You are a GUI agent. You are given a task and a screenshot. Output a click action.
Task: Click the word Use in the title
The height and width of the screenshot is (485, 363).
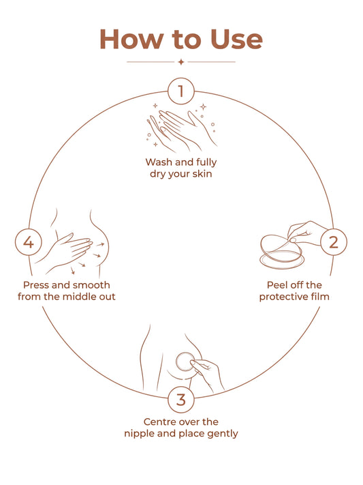[x=236, y=40]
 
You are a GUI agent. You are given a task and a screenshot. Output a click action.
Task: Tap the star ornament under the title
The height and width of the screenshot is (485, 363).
[x=181, y=62]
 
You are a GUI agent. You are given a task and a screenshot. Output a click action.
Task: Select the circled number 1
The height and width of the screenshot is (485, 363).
[x=181, y=91]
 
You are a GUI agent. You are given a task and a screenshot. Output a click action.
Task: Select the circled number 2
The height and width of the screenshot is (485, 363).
[x=334, y=242]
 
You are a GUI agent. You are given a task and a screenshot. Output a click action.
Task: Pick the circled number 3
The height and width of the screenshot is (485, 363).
[x=181, y=399]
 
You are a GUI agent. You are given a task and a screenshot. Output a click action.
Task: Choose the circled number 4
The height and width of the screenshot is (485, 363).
[x=29, y=242]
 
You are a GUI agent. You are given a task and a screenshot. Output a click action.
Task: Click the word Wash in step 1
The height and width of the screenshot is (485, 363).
[x=159, y=162]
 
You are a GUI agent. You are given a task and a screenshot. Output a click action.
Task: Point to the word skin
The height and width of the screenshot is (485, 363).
[x=202, y=173]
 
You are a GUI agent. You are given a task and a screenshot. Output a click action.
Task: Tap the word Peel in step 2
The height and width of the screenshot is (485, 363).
[x=277, y=285]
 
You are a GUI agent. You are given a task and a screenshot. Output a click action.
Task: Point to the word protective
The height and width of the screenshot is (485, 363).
[x=284, y=297]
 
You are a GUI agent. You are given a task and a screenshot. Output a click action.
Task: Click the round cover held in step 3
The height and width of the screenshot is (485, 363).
[x=185, y=362]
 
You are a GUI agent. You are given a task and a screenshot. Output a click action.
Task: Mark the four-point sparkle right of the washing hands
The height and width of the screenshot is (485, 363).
[x=203, y=107]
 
